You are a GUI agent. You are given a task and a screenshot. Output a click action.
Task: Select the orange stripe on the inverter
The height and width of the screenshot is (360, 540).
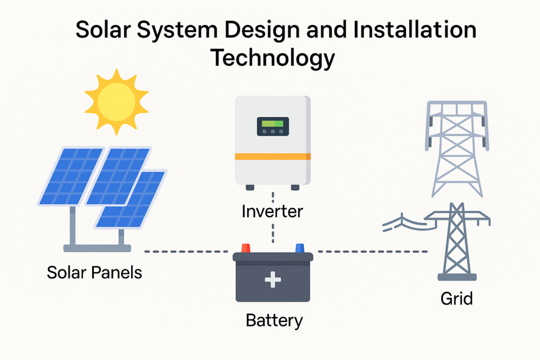tap(273, 157)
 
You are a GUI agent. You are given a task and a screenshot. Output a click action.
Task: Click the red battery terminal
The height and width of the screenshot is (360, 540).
tap(246, 248)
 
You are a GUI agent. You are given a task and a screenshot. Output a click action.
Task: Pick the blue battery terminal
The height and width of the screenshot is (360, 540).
tap(300, 248)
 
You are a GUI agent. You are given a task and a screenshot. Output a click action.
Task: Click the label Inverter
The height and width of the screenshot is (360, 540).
tap(272, 212)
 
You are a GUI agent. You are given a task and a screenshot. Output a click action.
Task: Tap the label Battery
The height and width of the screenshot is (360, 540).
tap(274, 320)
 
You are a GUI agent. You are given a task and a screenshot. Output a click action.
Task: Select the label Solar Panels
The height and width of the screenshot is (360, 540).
tap(94, 273)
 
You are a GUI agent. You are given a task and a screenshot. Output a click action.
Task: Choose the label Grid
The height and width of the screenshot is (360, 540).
tap(457, 299)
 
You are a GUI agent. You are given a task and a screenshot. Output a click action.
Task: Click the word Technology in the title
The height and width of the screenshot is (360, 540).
tap(273, 57)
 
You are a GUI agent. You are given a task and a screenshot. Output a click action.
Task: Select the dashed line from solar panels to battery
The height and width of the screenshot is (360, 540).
tap(187, 251)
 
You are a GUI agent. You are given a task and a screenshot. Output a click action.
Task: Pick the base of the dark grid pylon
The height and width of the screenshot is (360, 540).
tap(457, 277)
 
